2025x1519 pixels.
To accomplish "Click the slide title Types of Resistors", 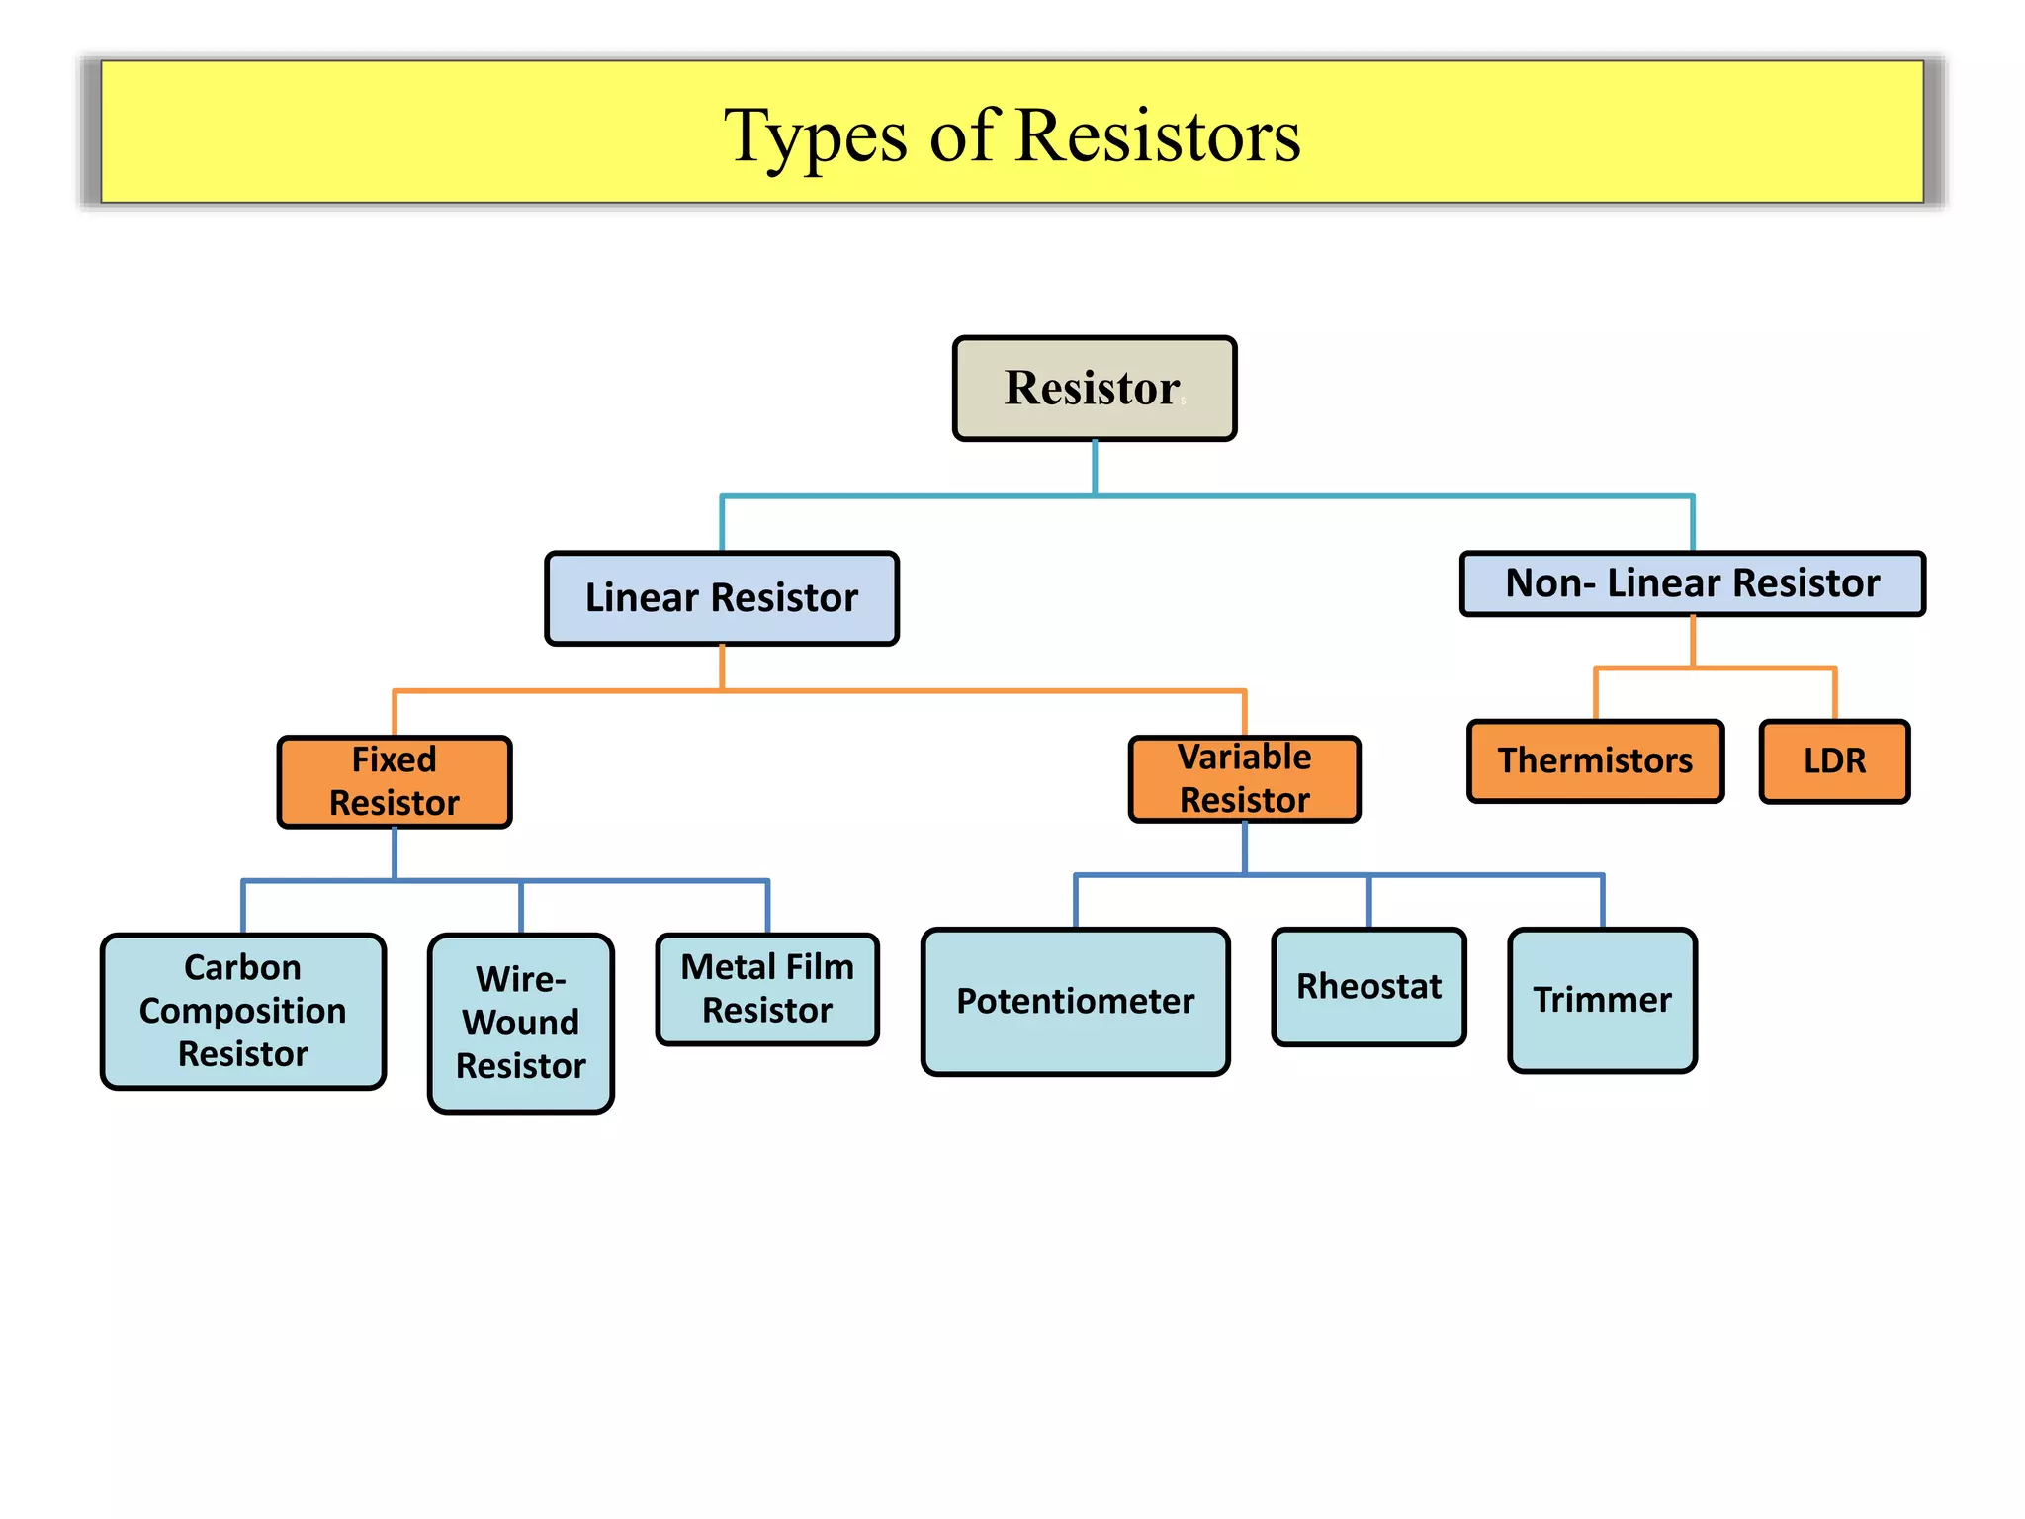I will click(x=1012, y=134).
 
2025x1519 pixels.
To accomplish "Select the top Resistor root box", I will click(x=1094, y=388).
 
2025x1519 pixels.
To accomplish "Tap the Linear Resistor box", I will click(x=721, y=598).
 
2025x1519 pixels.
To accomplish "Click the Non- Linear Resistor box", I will click(x=1692, y=583).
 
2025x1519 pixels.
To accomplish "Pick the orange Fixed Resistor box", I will click(x=394, y=781).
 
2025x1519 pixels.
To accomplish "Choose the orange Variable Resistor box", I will click(x=1244, y=778).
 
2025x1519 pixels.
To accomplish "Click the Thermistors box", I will click(x=1595, y=760).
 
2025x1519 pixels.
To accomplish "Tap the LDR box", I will click(x=1834, y=760).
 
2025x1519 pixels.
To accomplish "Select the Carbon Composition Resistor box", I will click(x=242, y=1011).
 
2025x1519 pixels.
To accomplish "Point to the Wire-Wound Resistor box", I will click(x=520, y=1023).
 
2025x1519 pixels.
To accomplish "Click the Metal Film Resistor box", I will click(x=767, y=988).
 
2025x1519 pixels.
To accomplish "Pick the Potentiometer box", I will click(x=1075, y=1001).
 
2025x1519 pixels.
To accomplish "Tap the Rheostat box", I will click(x=1368, y=986).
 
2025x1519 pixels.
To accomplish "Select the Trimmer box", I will click(x=1602, y=1000).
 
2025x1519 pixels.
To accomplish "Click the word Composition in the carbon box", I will click(x=242, y=1011).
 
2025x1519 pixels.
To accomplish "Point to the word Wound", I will click(x=520, y=1023).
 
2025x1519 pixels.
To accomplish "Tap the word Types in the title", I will click(x=815, y=136).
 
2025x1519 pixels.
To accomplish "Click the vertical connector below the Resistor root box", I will click(x=1095, y=467).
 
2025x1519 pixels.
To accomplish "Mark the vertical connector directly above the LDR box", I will click(x=1835, y=694).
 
